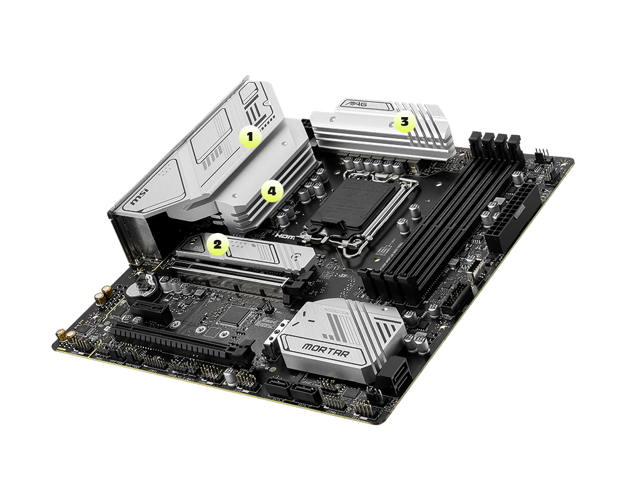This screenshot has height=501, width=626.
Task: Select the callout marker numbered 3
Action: tap(404, 123)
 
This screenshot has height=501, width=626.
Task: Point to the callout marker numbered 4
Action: tap(272, 192)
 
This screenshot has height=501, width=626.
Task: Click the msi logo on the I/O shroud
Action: tap(138, 199)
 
